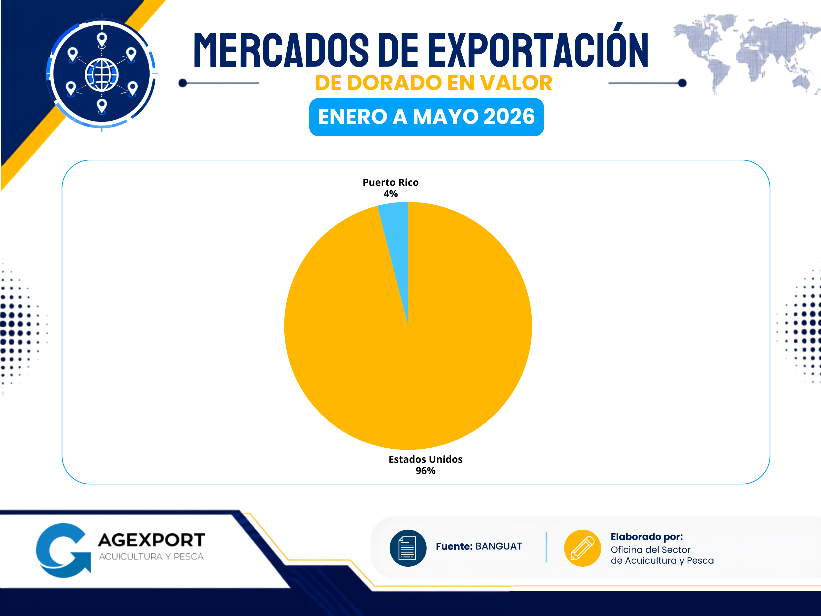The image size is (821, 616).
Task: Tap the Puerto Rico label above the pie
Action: (x=390, y=182)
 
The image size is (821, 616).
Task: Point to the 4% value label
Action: (x=390, y=194)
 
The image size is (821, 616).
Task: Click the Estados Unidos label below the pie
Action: (x=425, y=459)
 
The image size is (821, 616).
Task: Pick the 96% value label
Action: (x=425, y=471)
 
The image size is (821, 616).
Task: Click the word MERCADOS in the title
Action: (x=281, y=50)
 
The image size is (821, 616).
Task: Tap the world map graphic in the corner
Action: (x=746, y=54)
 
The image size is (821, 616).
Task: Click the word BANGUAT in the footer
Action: (x=499, y=546)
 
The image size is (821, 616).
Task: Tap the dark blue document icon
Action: (x=408, y=548)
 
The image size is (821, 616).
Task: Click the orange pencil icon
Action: (x=582, y=548)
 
